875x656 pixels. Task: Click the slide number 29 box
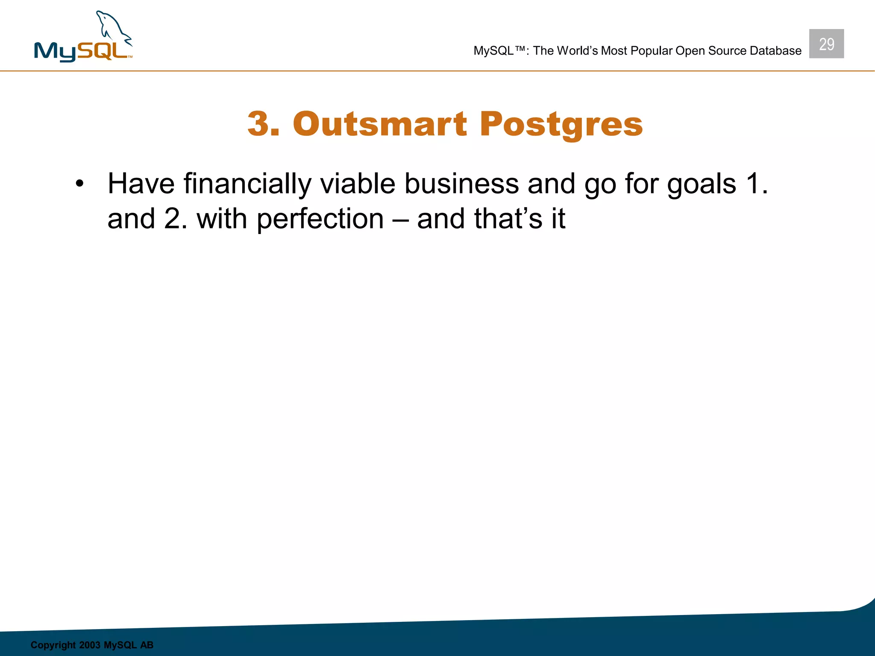[826, 44]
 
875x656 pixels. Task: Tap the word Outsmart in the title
[380, 124]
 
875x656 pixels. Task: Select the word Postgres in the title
[561, 125]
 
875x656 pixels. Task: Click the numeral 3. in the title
[263, 124]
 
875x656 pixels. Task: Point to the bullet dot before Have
[79, 184]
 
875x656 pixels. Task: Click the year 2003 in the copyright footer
[89, 645]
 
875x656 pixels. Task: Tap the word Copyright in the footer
[53, 645]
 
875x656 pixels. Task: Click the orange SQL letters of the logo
[103, 51]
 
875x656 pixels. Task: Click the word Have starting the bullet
[141, 184]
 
